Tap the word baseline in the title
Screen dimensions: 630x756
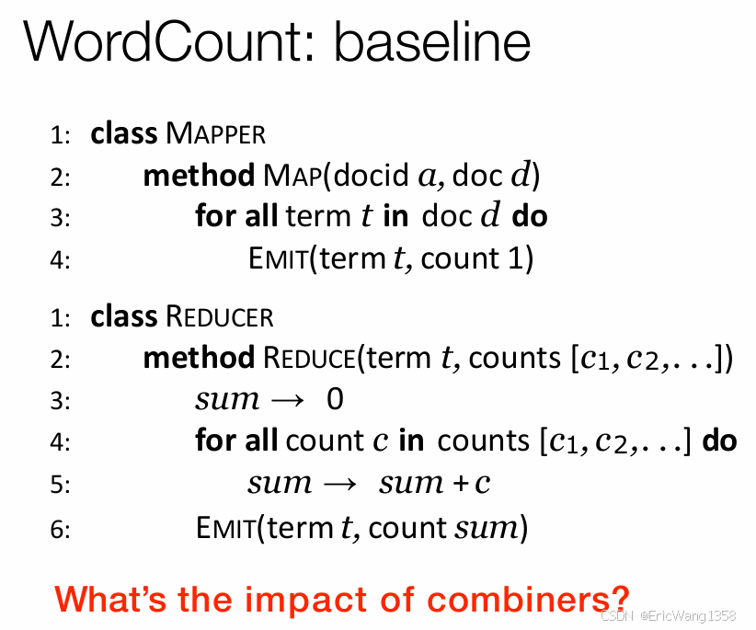pyautogui.click(x=432, y=42)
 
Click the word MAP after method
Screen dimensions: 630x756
pyautogui.click(x=292, y=175)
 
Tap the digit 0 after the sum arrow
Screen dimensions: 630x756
pyautogui.click(x=335, y=400)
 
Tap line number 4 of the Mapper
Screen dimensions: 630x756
pyautogui.click(x=60, y=260)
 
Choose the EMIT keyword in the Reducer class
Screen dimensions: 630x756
pyautogui.click(x=225, y=529)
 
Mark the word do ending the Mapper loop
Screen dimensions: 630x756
pyautogui.click(x=530, y=216)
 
